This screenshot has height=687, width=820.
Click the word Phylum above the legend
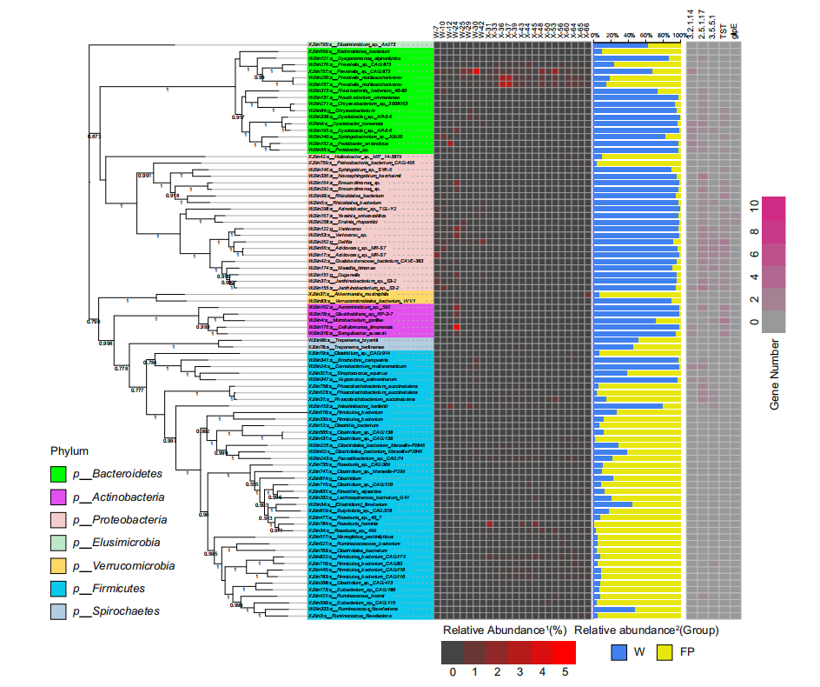point(69,451)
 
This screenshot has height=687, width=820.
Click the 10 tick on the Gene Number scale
point(755,205)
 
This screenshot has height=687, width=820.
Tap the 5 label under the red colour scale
point(564,671)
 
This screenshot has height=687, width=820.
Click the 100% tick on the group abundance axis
point(678,36)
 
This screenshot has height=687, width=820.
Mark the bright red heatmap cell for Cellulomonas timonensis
point(457,327)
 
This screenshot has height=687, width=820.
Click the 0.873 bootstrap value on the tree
point(95,137)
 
